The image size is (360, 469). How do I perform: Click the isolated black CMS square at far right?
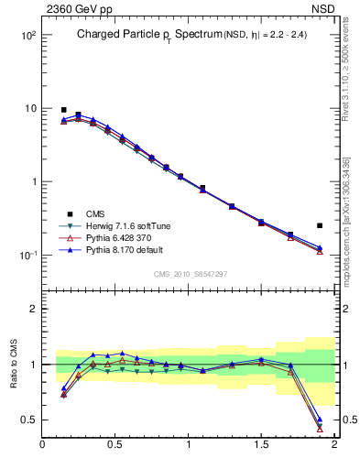pos(320,225)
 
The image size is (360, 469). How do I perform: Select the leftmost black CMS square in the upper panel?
pos(63,110)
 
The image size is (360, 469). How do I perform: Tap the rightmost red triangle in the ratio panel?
pos(320,428)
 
